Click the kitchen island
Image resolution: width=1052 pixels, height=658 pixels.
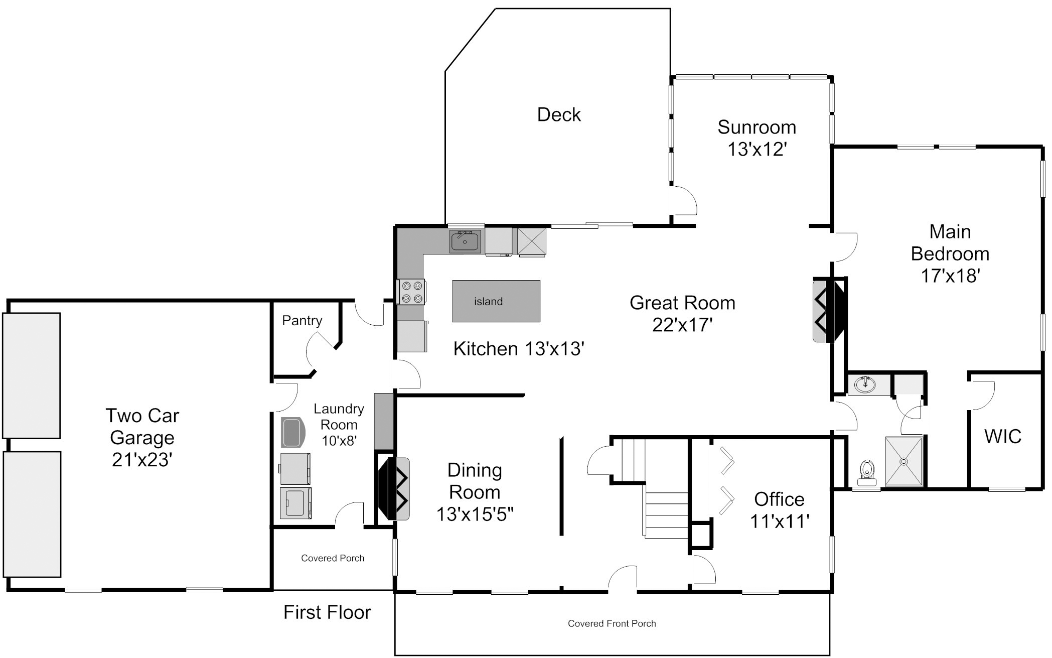click(496, 301)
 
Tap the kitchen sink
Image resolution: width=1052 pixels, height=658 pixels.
click(465, 241)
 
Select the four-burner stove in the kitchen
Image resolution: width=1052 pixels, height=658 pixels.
click(411, 292)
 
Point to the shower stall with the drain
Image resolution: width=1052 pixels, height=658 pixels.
click(904, 461)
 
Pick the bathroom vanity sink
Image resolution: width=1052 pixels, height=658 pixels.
click(865, 385)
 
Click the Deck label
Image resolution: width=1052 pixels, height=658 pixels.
click(559, 115)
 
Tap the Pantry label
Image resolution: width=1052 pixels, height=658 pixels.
click(302, 321)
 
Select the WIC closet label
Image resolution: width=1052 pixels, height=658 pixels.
click(1003, 437)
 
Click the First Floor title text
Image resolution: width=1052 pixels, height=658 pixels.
click(327, 612)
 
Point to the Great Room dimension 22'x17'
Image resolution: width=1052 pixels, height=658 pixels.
click(682, 325)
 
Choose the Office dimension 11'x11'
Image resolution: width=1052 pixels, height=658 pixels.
click(780, 521)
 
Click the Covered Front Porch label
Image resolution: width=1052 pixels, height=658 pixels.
click(612, 624)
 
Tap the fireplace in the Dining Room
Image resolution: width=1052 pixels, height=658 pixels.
click(394, 488)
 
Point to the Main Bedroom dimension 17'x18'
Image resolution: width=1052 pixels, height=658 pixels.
click(950, 276)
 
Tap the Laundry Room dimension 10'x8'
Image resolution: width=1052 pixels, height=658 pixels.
click(339, 441)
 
